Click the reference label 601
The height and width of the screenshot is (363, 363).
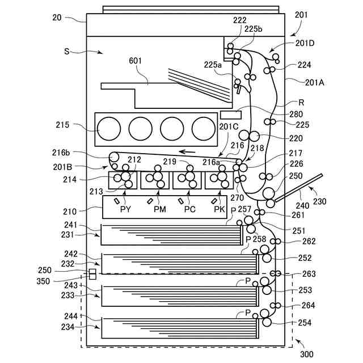pos(135,61)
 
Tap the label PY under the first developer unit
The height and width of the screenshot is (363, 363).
pos(126,209)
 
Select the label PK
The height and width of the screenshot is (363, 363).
pos(220,209)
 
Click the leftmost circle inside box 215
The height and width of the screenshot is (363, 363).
pos(109,129)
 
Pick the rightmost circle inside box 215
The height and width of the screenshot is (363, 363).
pos(204,129)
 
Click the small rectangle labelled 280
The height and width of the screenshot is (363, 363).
pos(231,115)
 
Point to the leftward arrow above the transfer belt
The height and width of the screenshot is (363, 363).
pos(187,152)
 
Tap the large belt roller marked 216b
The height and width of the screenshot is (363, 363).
pos(114,157)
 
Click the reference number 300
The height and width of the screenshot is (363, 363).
pos(307,354)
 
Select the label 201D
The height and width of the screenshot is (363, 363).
pos(305,43)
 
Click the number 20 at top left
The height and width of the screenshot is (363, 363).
pos(57,18)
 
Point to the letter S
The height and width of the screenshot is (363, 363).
pos(67,51)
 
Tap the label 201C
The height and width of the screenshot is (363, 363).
pos(229,126)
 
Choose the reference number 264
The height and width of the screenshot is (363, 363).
pos(308,305)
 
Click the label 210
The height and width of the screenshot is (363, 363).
pos(70,212)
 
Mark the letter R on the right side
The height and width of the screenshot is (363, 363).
pos(301,103)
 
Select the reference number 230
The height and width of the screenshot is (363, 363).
pos(319,201)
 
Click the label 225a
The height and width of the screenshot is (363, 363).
pos(213,65)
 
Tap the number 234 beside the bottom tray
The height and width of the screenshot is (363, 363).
pos(67,327)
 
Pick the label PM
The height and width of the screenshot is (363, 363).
pos(160,209)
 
